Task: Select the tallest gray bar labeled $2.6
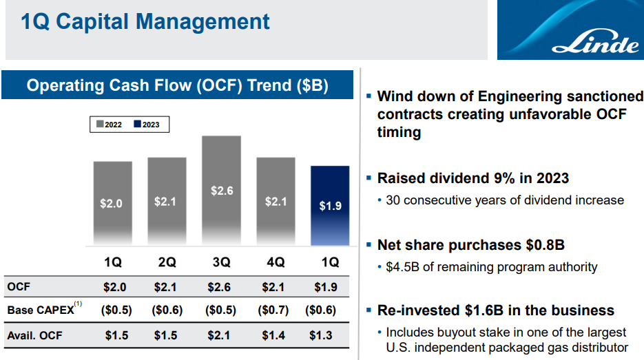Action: [221, 190]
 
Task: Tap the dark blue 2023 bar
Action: [330, 205]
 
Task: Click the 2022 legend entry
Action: [108, 125]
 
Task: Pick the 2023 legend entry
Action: [146, 125]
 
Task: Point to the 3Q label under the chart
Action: [221, 262]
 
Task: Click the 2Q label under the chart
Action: [167, 262]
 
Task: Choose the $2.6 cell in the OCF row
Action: [220, 286]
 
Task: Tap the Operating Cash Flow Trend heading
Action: [177, 86]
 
